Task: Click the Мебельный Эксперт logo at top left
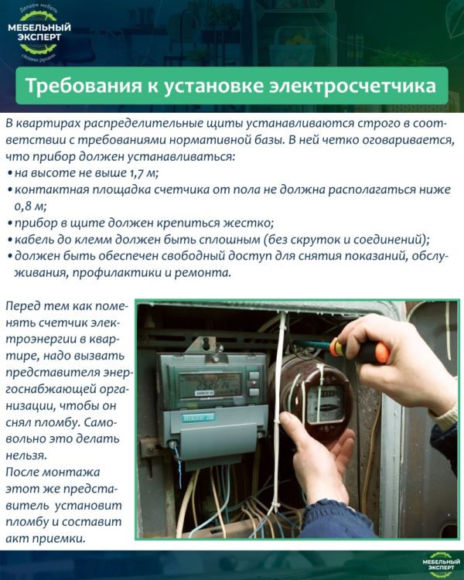click(39, 34)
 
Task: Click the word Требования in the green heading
click(83, 86)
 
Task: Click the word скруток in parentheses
click(315, 240)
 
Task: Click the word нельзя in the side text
click(26, 455)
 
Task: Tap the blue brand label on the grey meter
click(198, 418)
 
